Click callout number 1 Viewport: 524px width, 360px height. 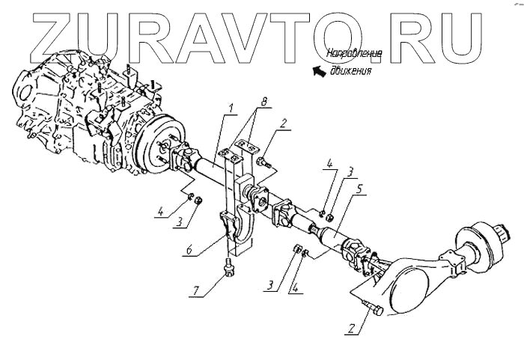tap(233, 109)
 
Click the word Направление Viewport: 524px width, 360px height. tap(355, 53)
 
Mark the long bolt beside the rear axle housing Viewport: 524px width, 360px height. tap(371, 307)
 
